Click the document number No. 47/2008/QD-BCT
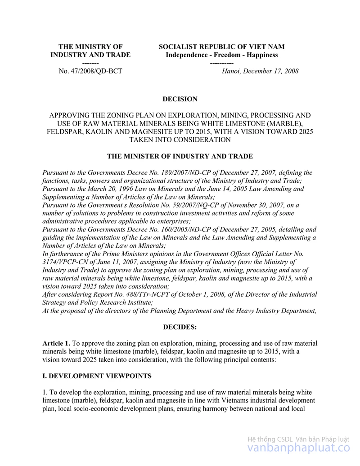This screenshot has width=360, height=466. (90, 71)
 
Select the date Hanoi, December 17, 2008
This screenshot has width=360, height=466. (260, 71)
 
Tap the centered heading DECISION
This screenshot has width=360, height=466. (180, 99)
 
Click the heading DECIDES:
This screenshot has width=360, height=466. (180, 327)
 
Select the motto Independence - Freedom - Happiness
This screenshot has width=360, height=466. (222, 55)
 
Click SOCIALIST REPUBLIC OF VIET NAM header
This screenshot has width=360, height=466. (222, 47)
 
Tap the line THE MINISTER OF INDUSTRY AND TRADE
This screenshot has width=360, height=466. (180, 156)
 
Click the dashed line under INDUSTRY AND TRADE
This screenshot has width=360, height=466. (90, 63)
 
